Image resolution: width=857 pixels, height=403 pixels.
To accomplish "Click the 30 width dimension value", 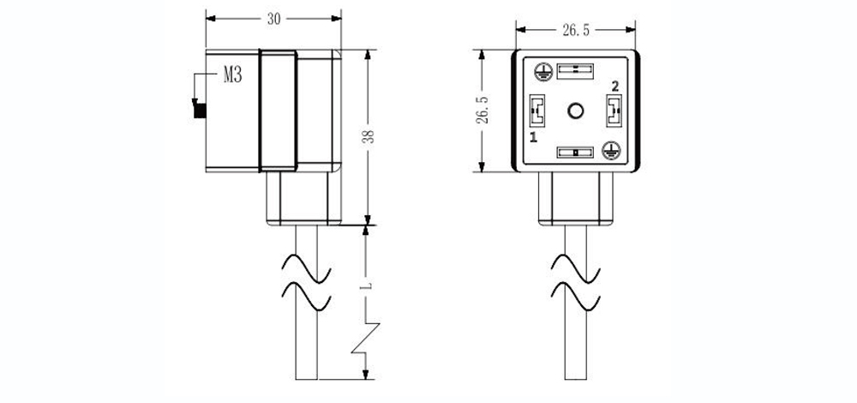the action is tap(273, 19).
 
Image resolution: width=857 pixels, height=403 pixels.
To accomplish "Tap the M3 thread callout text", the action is tap(232, 75).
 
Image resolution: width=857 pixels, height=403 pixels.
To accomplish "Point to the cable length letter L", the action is tap(368, 286).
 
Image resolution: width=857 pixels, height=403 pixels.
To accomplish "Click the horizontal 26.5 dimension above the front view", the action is tap(576, 31).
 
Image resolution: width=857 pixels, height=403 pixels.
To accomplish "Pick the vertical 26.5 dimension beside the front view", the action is tap(482, 110).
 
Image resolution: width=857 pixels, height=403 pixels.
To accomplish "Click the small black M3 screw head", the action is tap(200, 111).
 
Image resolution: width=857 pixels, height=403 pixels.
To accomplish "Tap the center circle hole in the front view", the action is tap(576, 111).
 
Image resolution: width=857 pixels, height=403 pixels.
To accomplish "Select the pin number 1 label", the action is tap(534, 136).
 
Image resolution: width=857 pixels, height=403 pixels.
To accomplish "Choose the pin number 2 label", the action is tap(615, 86).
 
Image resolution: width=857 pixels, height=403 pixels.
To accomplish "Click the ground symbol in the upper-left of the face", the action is tap(542, 72).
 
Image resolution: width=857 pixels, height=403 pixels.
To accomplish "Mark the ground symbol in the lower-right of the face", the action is tap(611, 150).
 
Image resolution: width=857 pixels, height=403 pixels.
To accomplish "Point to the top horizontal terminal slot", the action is tap(575, 71).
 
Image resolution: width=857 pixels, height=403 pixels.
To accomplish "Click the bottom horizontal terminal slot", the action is tap(575, 152).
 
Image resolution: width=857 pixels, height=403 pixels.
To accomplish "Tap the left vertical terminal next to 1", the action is tap(537, 111).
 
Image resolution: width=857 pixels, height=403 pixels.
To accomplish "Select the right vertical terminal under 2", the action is tap(614, 111).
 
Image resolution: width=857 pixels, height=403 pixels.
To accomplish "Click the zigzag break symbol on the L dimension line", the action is tap(366, 339).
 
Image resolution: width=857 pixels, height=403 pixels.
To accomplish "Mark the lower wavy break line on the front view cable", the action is tap(576, 297).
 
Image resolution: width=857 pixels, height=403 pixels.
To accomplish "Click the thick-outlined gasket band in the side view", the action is tap(279, 111).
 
